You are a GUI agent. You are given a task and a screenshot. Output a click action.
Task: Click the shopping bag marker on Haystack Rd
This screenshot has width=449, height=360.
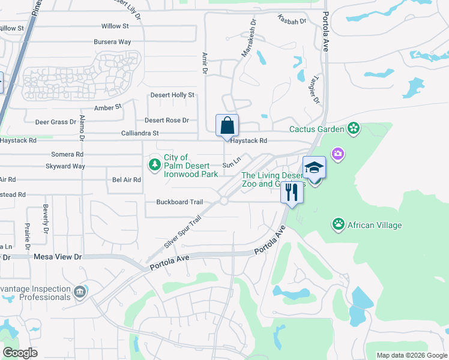[x=228, y=127]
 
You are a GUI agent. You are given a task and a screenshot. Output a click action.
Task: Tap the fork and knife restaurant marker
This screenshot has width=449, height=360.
[x=292, y=193]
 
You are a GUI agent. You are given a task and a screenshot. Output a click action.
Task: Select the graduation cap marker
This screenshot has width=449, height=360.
[x=314, y=169]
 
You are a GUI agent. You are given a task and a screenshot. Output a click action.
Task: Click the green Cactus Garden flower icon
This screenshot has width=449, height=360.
[x=354, y=128]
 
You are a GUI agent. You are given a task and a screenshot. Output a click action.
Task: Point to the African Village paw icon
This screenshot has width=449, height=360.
[x=339, y=225]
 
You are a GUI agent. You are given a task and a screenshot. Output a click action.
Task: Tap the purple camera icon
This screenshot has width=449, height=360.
[x=339, y=154]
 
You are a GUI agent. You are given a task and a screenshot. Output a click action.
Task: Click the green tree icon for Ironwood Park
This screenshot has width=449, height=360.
[x=155, y=164]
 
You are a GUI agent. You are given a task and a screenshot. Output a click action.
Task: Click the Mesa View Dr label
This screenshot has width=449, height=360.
[x=57, y=257]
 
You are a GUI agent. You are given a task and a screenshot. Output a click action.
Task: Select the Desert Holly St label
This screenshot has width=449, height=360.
[x=172, y=95]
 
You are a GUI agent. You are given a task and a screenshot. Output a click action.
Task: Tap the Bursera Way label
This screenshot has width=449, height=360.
[x=112, y=42]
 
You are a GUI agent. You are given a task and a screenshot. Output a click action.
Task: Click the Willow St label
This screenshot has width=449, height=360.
[x=115, y=26]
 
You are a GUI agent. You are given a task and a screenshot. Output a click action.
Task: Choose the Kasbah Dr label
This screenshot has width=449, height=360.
[x=292, y=20]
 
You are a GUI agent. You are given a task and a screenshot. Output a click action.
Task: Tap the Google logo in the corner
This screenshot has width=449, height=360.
[x=20, y=353]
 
